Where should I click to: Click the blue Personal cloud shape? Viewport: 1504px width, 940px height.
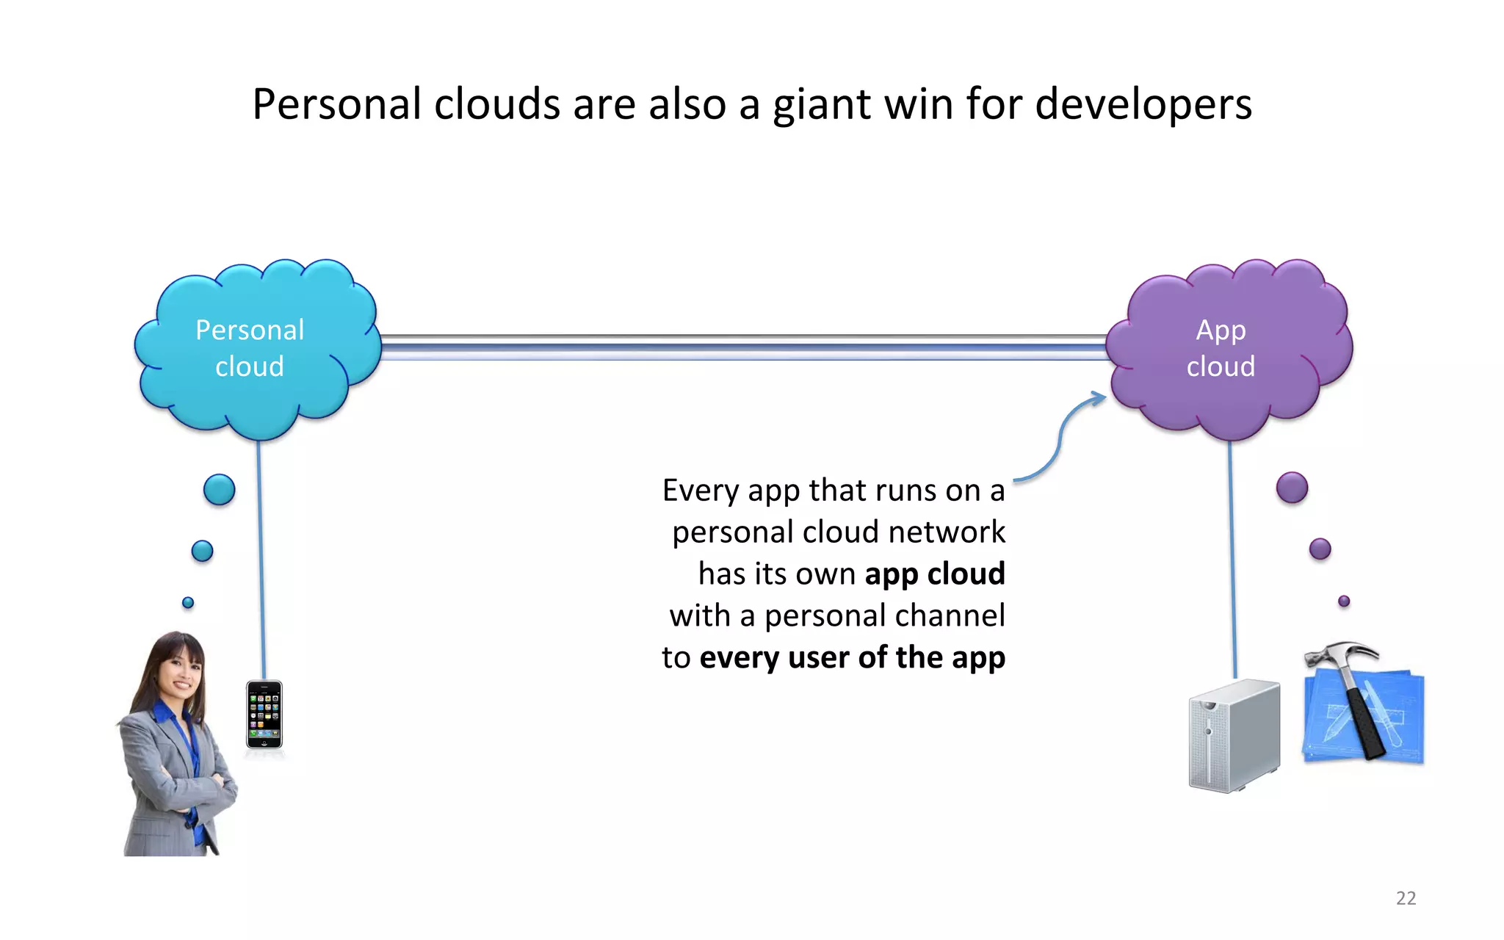(x=257, y=349)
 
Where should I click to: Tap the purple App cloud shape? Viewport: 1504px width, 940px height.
(x=1228, y=349)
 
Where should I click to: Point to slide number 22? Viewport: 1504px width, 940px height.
(x=1406, y=897)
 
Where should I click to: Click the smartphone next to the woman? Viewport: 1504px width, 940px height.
(x=264, y=715)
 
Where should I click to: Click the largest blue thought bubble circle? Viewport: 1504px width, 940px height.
(x=219, y=490)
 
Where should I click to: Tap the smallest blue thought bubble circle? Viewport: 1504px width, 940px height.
(x=188, y=602)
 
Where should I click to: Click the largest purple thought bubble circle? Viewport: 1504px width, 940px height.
(x=1292, y=488)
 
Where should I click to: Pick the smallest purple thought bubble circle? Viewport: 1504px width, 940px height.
(x=1344, y=601)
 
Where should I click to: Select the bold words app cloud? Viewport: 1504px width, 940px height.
(x=934, y=574)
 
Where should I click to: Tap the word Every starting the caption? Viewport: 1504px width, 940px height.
(x=700, y=491)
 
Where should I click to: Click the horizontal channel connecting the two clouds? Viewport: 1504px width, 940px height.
(x=742, y=347)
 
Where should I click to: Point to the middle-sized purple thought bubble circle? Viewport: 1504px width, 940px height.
(x=1320, y=549)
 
